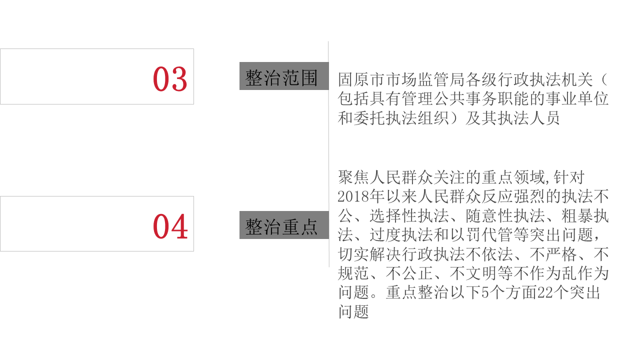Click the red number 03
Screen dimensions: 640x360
click(x=170, y=79)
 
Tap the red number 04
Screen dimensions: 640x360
click(x=170, y=226)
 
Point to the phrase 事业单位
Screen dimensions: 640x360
click(x=576, y=99)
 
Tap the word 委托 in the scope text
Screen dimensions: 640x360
click(x=369, y=118)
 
